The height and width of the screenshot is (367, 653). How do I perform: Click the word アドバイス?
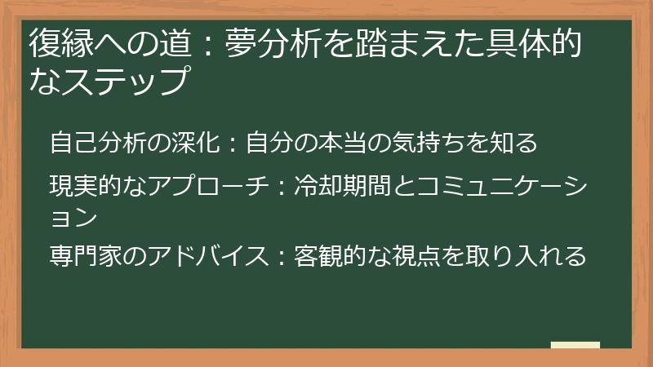(x=204, y=255)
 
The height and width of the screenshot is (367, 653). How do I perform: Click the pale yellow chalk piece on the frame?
(x=575, y=346)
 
